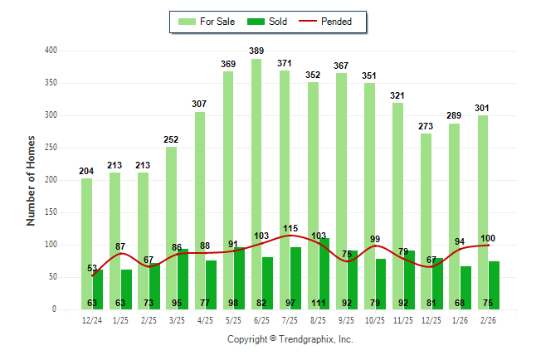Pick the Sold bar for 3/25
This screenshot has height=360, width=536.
183,279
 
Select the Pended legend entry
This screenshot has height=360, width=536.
329,22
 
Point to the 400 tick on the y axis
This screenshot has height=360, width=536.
51,51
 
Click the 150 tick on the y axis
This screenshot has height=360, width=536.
51,212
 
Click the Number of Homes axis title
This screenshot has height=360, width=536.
32,180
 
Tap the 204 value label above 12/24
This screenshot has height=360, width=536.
86,171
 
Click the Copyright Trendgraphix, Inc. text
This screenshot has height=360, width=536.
290,339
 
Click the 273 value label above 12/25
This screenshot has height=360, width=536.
426,127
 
